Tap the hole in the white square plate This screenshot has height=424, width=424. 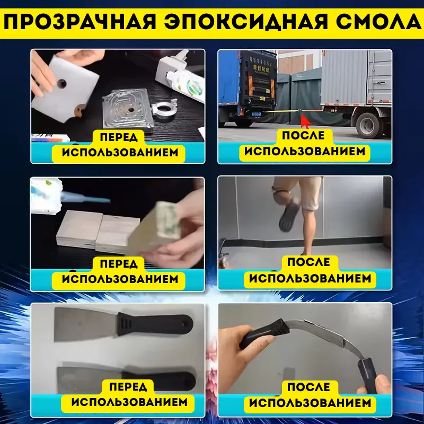63,83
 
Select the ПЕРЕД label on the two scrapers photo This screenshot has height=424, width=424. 129,386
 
